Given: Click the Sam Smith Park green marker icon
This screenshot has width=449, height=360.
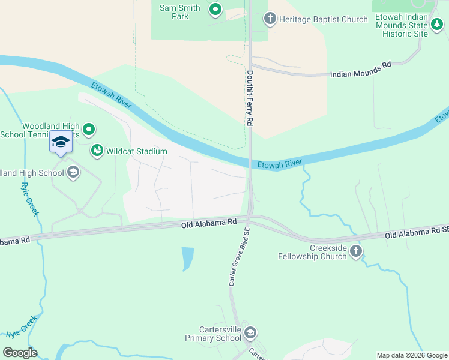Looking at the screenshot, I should click(215, 9).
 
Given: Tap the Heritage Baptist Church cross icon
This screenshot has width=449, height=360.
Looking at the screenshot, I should click(270, 19).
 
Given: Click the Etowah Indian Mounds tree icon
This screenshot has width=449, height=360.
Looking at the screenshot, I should click(438, 25).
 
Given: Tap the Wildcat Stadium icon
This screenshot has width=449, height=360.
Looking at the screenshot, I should click(97, 151).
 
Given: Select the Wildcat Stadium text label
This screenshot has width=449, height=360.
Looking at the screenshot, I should click(136, 152).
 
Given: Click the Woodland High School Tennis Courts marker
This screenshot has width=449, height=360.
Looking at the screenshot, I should click(89, 129).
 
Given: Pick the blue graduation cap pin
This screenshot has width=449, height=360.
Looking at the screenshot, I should click(61, 142).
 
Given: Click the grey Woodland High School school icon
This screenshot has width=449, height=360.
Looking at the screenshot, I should click(73, 173).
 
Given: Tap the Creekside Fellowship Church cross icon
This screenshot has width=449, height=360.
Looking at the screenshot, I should click(356, 251).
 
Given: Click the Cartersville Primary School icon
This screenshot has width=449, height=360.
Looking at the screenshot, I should click(250, 333).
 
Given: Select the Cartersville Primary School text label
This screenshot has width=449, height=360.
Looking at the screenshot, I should click(221, 334).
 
